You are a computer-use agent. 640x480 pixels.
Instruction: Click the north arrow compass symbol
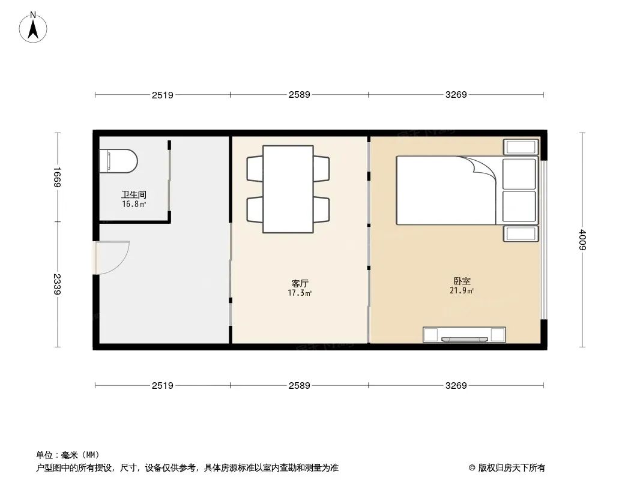point(33,28)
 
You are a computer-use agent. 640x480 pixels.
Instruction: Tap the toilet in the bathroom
point(119,161)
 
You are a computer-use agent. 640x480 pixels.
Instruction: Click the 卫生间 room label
point(134,195)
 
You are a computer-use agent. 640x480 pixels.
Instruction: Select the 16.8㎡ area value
point(134,205)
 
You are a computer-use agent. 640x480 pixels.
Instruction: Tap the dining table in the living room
point(288,189)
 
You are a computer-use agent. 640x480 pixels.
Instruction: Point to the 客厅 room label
point(300,283)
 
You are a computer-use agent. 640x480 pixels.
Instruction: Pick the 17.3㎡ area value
point(300,293)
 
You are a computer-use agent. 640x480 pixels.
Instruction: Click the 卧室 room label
point(462,281)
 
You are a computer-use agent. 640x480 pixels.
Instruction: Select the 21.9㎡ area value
point(462,290)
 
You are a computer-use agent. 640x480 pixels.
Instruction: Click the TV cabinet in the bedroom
point(464,334)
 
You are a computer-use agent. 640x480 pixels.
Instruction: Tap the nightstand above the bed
point(521,147)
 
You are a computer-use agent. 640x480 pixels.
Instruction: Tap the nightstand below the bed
point(521,233)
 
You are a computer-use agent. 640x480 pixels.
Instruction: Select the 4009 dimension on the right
point(582,240)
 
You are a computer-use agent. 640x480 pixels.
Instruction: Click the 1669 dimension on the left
point(57,177)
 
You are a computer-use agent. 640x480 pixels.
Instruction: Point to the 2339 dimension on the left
point(57,284)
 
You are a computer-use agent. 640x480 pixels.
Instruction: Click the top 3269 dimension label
point(456,95)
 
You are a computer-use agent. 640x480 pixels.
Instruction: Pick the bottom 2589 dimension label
point(300,385)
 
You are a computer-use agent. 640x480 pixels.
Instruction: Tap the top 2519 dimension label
point(163,95)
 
